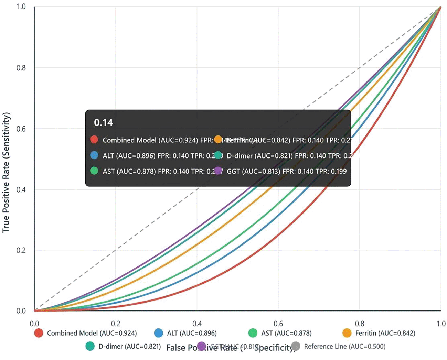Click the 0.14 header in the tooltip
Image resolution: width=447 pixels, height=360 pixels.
(103, 123)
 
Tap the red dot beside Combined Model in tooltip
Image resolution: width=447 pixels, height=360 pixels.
(94, 140)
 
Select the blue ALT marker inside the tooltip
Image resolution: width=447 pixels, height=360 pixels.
(94, 155)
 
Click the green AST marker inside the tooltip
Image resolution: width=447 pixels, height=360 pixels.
(94, 171)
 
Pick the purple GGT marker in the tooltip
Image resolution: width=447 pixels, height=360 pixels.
(218, 171)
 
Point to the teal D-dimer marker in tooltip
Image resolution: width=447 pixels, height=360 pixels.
(218, 155)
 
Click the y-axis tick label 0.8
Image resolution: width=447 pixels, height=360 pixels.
(21, 68)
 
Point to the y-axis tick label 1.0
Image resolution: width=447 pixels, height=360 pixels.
(21, 7)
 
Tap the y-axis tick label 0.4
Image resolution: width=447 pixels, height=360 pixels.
(21, 190)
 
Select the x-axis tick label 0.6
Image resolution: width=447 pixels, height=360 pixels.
(278, 324)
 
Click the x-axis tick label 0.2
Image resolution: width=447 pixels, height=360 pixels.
(116, 324)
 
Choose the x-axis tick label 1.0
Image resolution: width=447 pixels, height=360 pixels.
(441, 324)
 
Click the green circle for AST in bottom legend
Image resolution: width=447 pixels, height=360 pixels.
(253, 333)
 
